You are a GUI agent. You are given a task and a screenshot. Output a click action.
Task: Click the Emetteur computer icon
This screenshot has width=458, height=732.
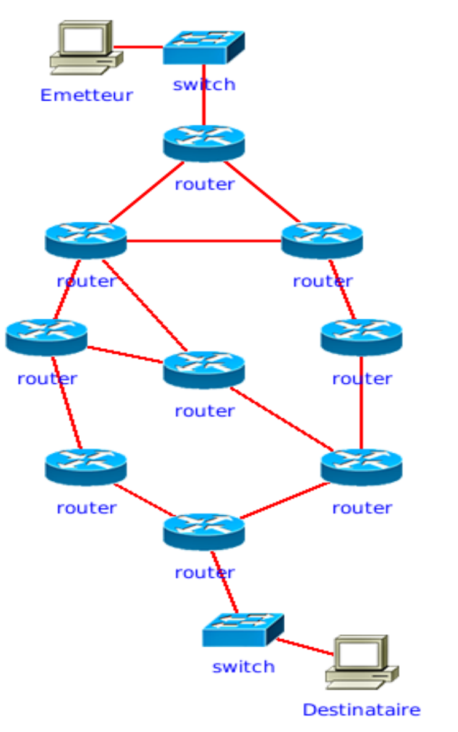point(85,47)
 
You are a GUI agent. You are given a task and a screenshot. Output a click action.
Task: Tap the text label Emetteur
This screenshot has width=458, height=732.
point(86,95)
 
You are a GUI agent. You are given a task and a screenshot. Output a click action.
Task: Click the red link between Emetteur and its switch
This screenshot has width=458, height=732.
point(138,47)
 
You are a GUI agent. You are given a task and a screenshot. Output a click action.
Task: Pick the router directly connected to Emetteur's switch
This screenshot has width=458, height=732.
point(204,142)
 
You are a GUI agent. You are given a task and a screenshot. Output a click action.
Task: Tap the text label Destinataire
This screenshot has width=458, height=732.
point(361,710)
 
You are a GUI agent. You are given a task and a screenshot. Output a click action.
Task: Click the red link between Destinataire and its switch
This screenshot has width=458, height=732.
point(304,647)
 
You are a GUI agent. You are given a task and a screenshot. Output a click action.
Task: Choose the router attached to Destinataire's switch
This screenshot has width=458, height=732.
point(204,531)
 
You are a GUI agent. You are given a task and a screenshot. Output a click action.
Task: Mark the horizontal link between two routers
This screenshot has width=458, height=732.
point(204,241)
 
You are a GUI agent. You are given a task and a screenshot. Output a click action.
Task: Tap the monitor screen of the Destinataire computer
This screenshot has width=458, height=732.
point(357,654)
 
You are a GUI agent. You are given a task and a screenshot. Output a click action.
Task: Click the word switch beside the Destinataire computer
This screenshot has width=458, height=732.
point(243,667)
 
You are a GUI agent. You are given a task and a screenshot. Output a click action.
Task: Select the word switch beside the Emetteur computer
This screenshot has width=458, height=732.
point(204,84)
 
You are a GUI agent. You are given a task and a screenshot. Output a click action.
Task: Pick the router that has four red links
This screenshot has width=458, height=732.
point(86,239)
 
